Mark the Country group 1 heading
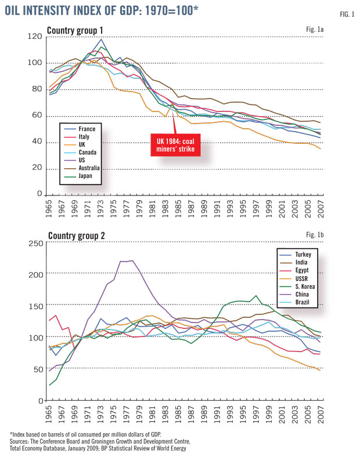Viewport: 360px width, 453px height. [x=74, y=30]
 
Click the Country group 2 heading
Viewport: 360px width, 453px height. [x=74, y=236]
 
